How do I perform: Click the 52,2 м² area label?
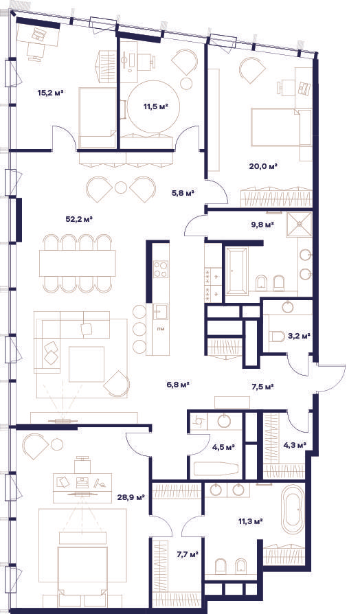[x=79, y=219]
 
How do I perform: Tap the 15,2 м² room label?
[x=51, y=93]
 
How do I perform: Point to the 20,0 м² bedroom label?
[x=263, y=166]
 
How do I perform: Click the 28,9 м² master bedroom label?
[x=131, y=497]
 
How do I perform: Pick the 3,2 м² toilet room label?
[x=299, y=336]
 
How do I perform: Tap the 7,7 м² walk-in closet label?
[x=188, y=554]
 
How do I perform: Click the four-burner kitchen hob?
[x=161, y=269]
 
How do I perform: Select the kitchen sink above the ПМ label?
[x=160, y=312]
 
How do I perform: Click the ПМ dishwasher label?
[x=161, y=328]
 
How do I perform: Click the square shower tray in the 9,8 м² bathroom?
[x=299, y=225]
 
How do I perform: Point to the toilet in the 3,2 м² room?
[x=278, y=337]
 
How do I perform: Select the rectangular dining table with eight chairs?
[x=78, y=263]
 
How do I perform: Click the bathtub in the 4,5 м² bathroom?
[x=216, y=469]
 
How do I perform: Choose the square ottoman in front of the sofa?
[x=87, y=364]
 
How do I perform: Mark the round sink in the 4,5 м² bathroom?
[x=225, y=421]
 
